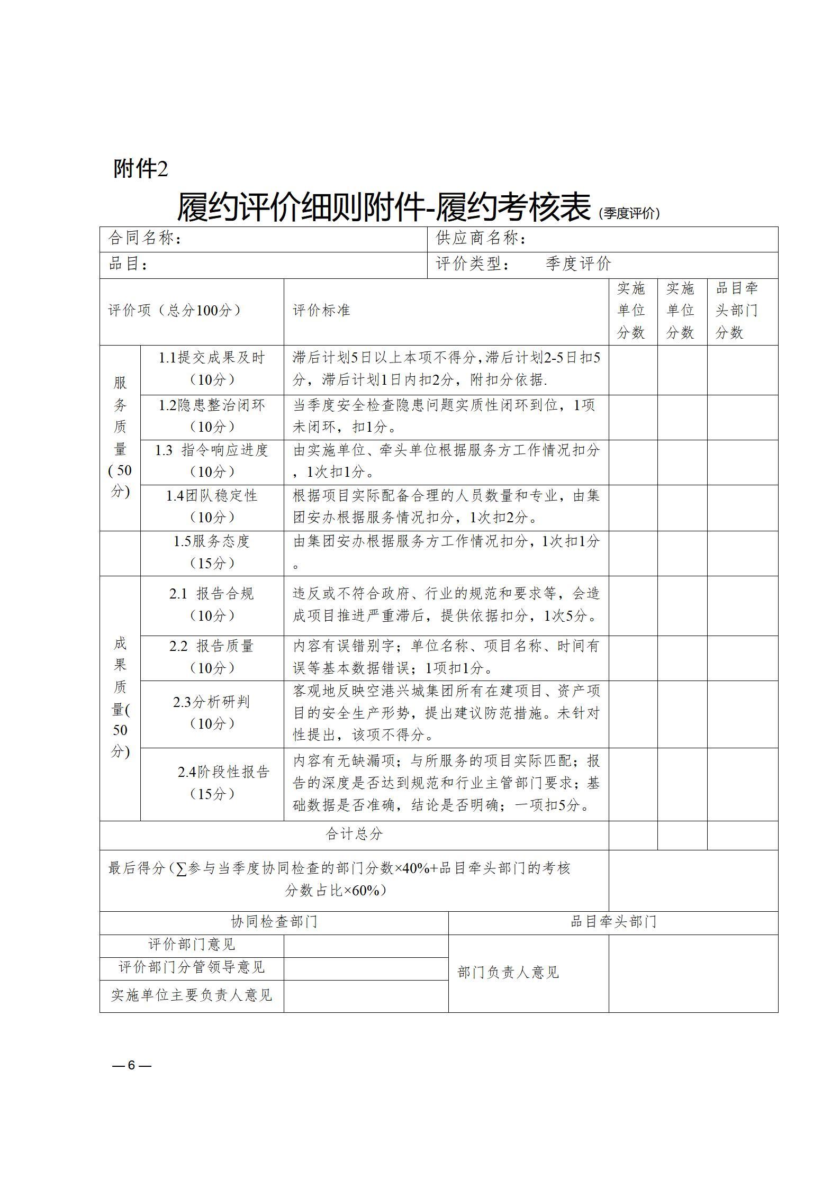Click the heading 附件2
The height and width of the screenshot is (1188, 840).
point(141,169)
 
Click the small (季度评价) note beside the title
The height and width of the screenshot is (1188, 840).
point(629,214)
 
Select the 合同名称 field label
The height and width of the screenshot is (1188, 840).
point(145,239)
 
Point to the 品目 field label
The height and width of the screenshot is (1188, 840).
point(128,264)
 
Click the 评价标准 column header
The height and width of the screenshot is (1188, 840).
point(322,311)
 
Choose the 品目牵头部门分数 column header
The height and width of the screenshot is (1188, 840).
point(737,311)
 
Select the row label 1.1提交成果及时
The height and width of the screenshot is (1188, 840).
point(212,368)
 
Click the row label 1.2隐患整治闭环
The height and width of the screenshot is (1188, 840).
point(212,416)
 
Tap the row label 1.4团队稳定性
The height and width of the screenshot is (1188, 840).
point(212,506)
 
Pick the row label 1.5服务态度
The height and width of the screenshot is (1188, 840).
point(212,552)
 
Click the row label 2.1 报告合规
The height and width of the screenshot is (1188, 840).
point(212,604)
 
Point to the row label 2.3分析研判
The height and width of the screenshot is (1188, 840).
point(212,712)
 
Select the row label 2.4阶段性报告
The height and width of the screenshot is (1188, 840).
point(212,783)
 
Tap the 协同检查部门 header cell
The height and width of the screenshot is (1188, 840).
point(274,922)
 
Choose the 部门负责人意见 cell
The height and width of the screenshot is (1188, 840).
point(508,972)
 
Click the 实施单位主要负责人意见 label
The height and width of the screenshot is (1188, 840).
point(192,995)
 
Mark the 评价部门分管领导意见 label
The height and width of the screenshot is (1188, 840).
point(192,967)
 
